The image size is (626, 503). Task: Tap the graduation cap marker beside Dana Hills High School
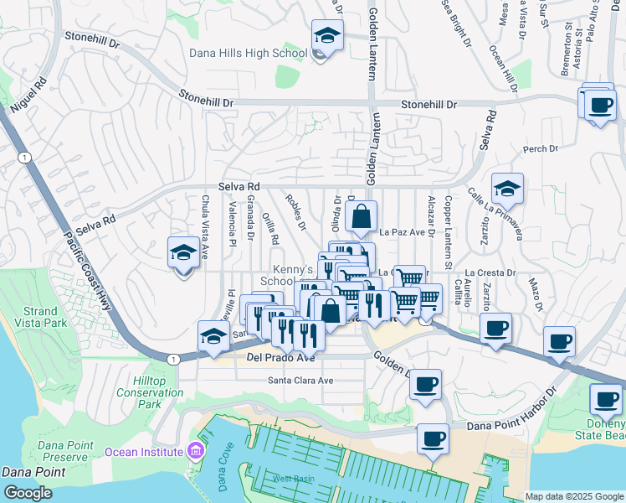click(327, 37)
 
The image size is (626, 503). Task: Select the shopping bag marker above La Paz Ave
click(361, 218)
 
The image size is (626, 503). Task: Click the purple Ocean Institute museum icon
click(196, 452)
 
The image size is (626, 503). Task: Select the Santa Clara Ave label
click(300, 380)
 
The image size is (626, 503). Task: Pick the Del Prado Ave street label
click(280, 358)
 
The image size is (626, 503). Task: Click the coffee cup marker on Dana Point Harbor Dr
click(433, 439)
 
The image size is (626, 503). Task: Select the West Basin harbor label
click(292, 479)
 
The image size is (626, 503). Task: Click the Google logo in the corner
click(28, 493)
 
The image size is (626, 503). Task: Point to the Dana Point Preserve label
click(63, 450)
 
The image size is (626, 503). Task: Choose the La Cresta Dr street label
click(492, 272)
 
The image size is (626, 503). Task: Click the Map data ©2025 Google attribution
click(574, 496)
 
